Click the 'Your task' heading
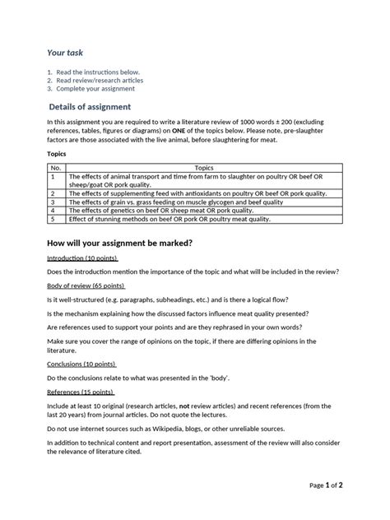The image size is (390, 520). [x=65, y=53]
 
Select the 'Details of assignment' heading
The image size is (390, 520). [x=90, y=107]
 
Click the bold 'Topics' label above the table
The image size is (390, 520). [x=55, y=153]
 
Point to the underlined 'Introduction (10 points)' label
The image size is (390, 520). [x=82, y=258]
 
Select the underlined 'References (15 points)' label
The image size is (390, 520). [x=81, y=392]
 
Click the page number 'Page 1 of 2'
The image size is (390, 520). [x=326, y=485]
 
